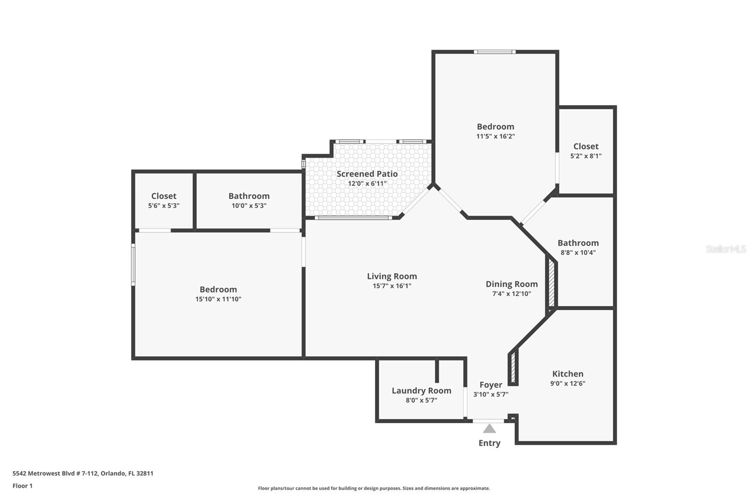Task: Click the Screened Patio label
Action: click(367, 174)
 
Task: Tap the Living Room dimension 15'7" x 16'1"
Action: click(392, 286)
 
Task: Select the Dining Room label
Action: click(511, 284)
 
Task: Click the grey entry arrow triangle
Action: click(489, 429)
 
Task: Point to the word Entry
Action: click(489, 443)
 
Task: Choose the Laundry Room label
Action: click(421, 391)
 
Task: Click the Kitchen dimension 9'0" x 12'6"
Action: click(568, 384)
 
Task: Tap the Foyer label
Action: click(491, 385)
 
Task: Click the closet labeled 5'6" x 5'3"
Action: click(164, 200)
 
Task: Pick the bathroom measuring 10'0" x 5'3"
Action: click(249, 200)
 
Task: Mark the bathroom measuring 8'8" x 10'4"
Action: click(578, 247)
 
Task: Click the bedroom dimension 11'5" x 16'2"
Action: click(496, 136)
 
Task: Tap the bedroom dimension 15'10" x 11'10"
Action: click(218, 299)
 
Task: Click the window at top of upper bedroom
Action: click(495, 52)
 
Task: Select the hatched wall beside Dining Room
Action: click(552, 284)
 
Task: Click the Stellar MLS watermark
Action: click(726, 249)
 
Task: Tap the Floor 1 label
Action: click(22, 486)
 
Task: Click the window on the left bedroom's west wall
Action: click(133, 265)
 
